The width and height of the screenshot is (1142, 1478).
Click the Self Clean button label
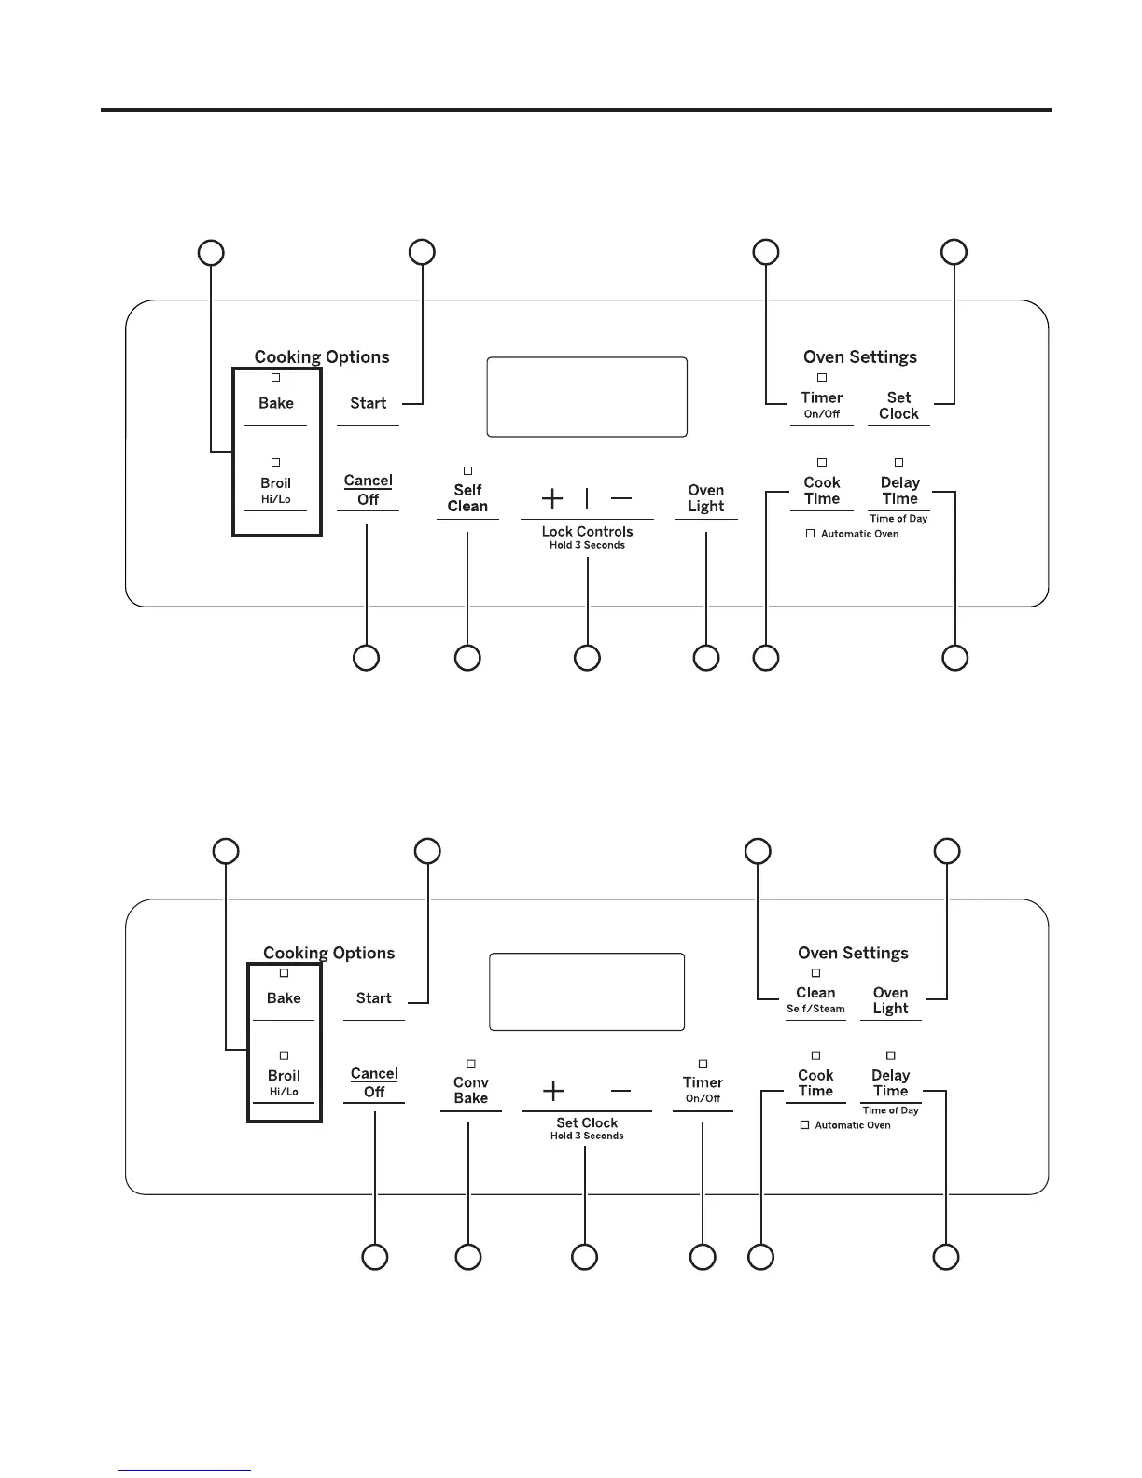(x=467, y=498)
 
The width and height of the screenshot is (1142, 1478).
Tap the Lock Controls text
(x=587, y=532)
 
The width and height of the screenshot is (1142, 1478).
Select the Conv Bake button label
(x=471, y=1091)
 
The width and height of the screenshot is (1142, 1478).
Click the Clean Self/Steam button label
(x=815, y=999)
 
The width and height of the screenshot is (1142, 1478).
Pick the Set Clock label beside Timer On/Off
(x=898, y=406)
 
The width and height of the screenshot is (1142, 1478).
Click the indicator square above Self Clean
(x=468, y=471)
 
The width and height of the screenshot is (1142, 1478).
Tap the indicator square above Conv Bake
(x=471, y=1064)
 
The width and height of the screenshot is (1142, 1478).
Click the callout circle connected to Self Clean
(x=467, y=658)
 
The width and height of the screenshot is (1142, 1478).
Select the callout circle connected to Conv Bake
(x=468, y=1257)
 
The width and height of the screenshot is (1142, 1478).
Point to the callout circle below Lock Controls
(x=587, y=658)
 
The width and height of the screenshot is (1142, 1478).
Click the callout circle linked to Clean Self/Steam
(x=758, y=851)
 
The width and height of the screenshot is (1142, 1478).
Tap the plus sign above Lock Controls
(x=552, y=498)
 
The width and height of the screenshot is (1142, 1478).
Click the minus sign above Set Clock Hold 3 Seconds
(x=620, y=1091)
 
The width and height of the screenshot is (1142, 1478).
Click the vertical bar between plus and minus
(x=587, y=498)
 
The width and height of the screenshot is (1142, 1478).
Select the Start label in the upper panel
(x=369, y=403)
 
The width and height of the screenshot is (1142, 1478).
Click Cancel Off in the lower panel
(x=374, y=1082)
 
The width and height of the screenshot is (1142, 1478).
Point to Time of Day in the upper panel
(x=898, y=519)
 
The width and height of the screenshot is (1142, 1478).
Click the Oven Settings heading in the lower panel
(x=853, y=953)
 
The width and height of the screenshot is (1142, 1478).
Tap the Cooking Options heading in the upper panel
(x=322, y=356)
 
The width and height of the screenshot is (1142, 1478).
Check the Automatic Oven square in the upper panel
(x=811, y=534)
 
